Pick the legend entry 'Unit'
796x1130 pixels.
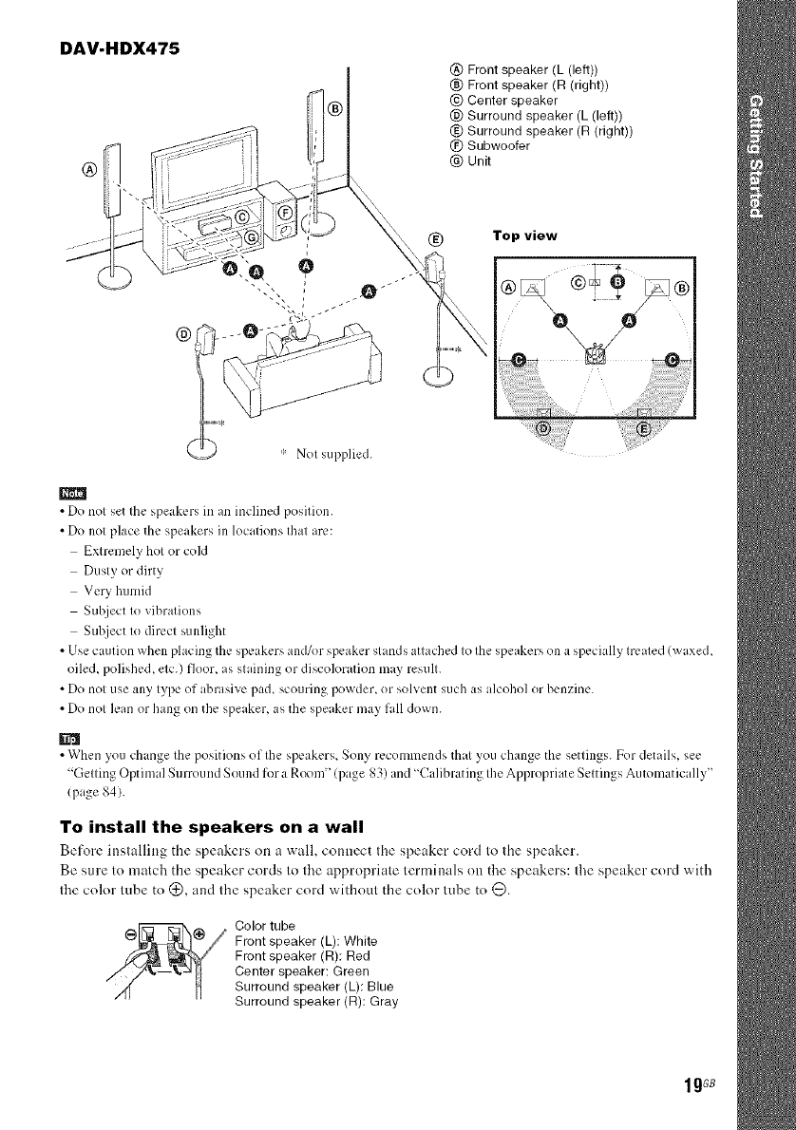tap(475, 160)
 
